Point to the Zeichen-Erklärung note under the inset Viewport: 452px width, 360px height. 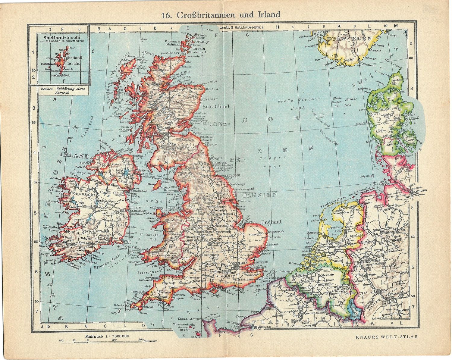[59, 90]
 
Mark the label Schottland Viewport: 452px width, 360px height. [216, 107]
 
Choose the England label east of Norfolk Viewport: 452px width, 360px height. [271, 222]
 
